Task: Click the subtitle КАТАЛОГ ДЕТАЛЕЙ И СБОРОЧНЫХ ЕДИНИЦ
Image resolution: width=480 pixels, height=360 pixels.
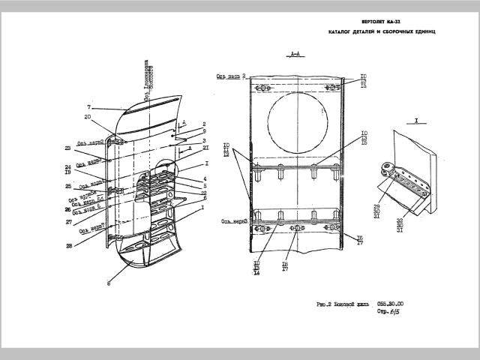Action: tap(382, 34)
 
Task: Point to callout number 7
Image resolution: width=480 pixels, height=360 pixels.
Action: tap(88, 107)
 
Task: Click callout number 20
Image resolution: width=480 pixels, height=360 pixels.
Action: tap(88, 117)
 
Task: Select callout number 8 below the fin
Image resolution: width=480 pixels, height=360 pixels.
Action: tap(108, 283)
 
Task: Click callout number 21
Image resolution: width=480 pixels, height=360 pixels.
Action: tap(205, 148)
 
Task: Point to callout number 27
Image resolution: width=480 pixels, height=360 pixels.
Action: tap(68, 222)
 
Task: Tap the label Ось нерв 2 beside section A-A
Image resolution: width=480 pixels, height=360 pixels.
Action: tap(231, 76)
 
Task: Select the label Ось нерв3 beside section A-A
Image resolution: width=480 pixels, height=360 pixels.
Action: tap(234, 220)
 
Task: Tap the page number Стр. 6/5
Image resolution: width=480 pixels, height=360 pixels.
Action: tap(389, 310)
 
